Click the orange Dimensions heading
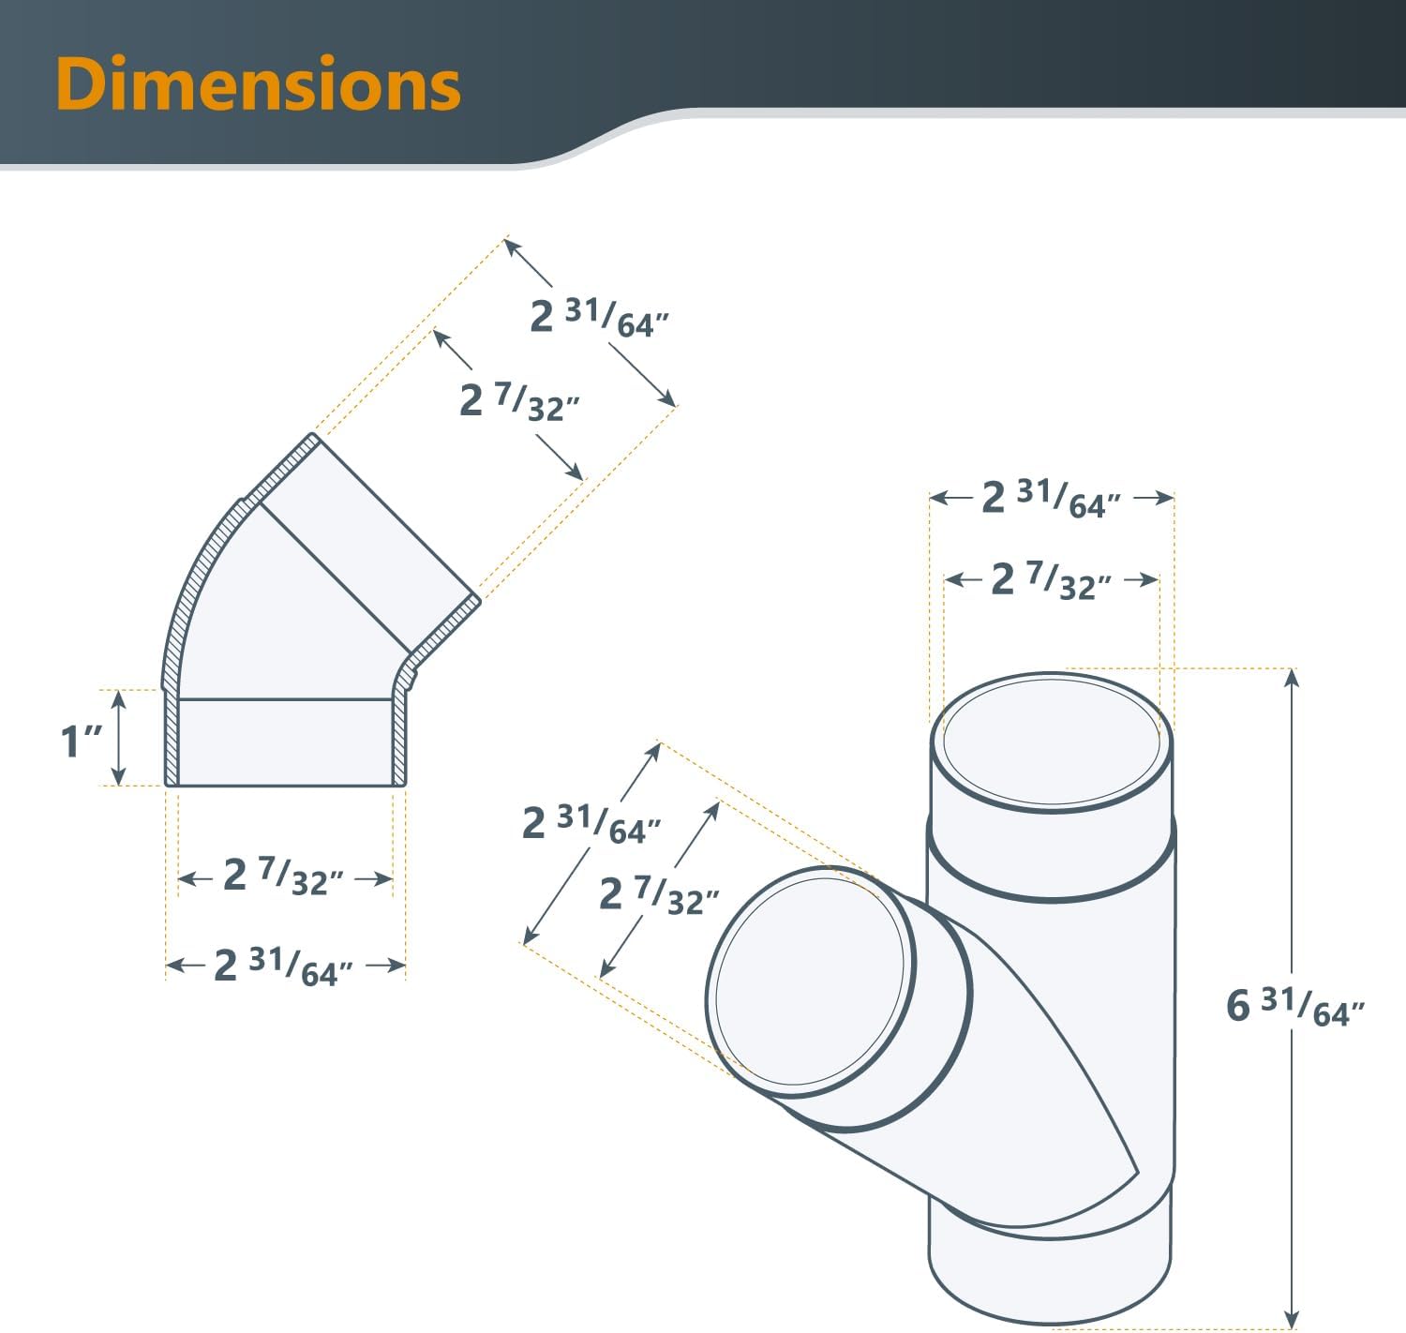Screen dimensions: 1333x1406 (258, 84)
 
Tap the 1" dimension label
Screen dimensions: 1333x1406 (81, 741)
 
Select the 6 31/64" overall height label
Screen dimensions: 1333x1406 (1294, 1007)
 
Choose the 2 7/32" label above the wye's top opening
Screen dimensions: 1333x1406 (1051, 580)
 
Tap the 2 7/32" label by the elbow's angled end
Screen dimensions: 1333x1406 (519, 401)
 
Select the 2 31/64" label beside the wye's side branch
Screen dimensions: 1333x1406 (591, 824)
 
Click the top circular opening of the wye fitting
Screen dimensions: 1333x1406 (1051, 741)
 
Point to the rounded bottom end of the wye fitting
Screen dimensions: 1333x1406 (1050, 1294)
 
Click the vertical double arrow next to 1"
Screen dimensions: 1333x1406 (118, 737)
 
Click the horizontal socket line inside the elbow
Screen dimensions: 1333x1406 (285, 699)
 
